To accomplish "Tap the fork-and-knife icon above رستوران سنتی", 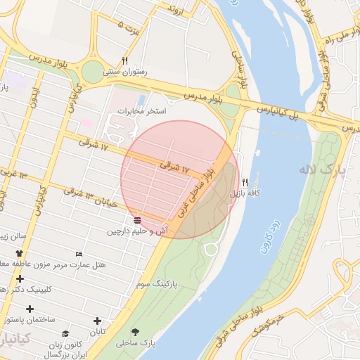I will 124,60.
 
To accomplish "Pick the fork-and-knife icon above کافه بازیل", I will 245,181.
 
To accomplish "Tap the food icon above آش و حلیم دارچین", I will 136,220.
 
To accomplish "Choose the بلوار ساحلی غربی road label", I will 197,194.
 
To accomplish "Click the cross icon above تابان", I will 96,321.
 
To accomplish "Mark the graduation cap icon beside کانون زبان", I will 65,334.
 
